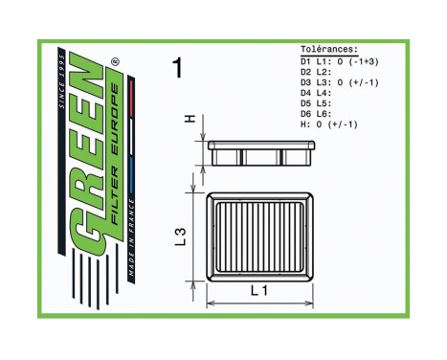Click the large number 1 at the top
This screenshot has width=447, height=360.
click(176, 67)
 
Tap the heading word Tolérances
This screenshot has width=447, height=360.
click(329, 49)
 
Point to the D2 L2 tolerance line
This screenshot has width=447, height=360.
click(315, 72)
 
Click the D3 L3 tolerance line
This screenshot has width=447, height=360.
click(340, 82)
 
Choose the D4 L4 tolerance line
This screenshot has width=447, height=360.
click(315, 93)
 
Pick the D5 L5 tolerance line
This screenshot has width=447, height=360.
click(315, 103)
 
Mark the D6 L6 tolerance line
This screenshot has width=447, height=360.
click(315, 114)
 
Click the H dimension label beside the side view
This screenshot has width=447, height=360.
click(190, 119)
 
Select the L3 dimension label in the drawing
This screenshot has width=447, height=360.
click(179, 236)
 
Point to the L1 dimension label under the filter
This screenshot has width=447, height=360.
click(259, 291)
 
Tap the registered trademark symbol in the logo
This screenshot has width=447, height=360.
click(116, 64)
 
